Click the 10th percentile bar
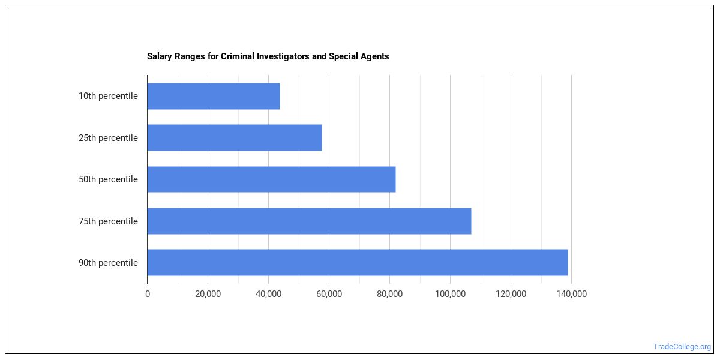point(213,96)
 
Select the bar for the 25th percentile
point(234,138)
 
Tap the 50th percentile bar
point(271,179)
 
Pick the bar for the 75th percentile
point(309,221)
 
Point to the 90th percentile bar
point(357,262)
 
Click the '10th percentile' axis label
point(108,96)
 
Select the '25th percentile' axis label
point(108,138)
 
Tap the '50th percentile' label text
point(108,179)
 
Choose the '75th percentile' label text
point(108,221)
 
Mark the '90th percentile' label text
point(108,263)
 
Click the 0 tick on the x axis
point(148,294)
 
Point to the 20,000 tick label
point(208,294)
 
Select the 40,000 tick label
point(268,294)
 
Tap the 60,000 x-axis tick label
point(329,294)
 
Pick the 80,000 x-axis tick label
point(389,294)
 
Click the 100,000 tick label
point(450,294)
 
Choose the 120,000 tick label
point(511,294)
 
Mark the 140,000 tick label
point(571,294)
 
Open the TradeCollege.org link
point(682,347)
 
